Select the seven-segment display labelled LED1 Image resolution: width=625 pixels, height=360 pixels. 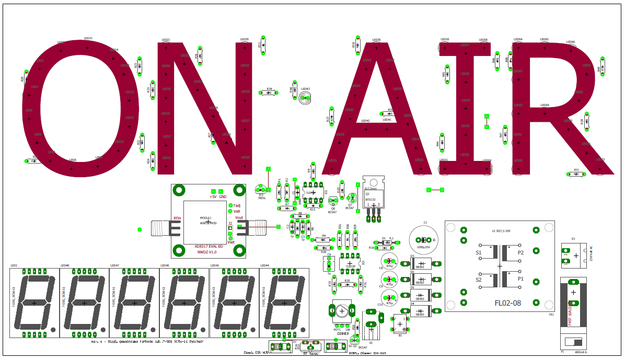34,303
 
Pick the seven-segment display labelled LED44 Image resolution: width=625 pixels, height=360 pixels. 284,303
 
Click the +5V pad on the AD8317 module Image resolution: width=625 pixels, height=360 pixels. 213,191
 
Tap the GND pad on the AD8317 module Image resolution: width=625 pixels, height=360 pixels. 222,191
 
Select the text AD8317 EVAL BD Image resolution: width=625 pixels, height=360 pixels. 209,246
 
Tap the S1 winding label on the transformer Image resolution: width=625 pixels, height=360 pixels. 479,252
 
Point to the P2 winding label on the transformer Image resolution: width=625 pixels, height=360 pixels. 520,252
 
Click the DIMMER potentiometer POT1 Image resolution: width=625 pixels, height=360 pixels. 340,311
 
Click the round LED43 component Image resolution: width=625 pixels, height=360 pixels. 305,98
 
